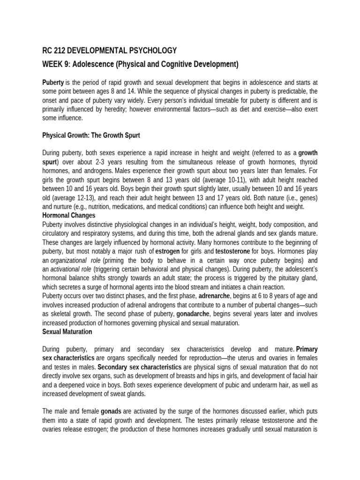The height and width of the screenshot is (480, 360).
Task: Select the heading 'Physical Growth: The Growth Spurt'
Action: [91, 135]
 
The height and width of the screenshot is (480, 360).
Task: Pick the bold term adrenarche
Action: [216, 296]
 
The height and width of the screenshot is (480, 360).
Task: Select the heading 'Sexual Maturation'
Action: [67, 331]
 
